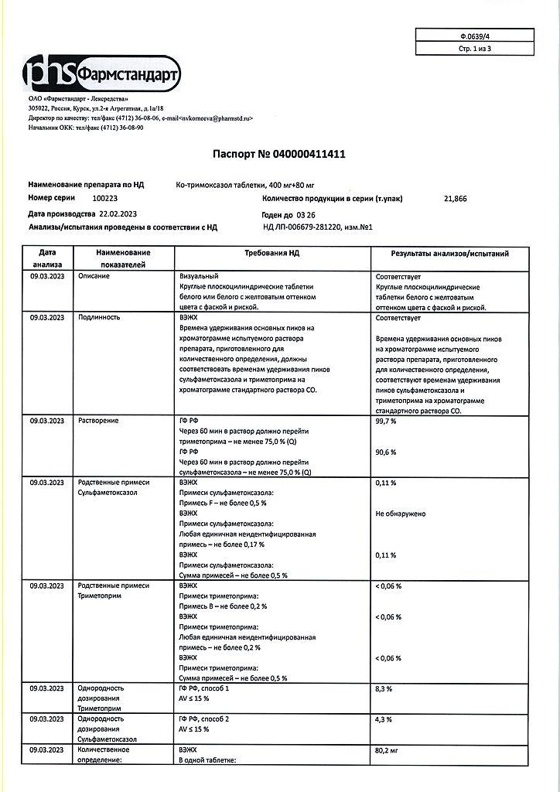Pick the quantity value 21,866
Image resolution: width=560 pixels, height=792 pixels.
(456, 199)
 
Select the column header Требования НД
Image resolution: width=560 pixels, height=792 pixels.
(271, 254)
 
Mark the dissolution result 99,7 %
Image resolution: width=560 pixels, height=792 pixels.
(386, 420)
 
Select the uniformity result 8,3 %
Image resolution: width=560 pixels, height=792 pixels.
(384, 688)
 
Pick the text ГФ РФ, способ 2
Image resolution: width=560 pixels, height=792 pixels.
(204, 719)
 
